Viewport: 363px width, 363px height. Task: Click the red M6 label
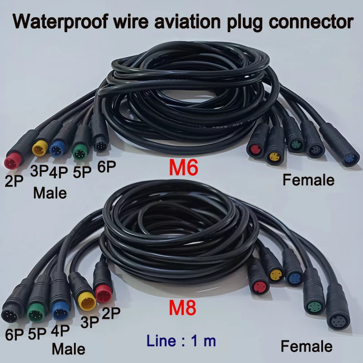coord(183,167)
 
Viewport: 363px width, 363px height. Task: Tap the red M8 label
coord(183,308)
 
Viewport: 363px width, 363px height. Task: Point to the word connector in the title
coord(311,22)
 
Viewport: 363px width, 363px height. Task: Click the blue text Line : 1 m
coord(181,341)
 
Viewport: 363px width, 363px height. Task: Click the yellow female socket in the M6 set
coord(274,157)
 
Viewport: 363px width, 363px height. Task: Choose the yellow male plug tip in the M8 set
coord(87,300)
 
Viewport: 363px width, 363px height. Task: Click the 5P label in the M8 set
coord(37,334)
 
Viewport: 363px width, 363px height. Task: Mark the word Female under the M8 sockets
coord(307,346)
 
